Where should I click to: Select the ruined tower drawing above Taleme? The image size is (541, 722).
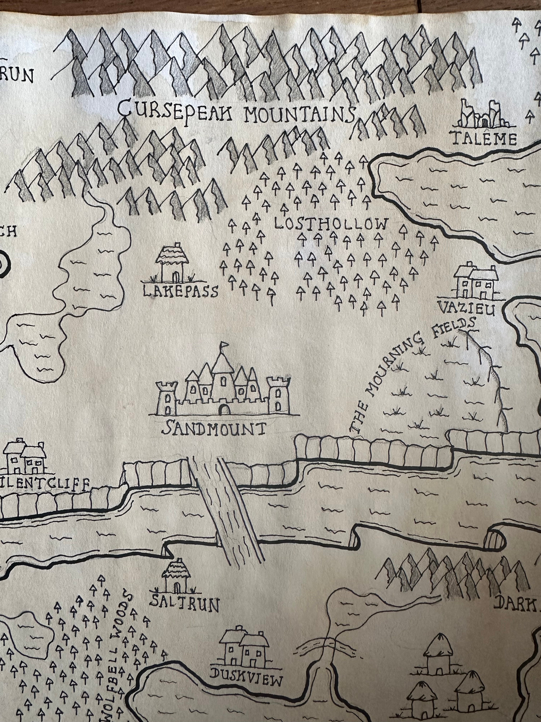pos(483,114)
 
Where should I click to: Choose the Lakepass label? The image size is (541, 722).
pos(180,291)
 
